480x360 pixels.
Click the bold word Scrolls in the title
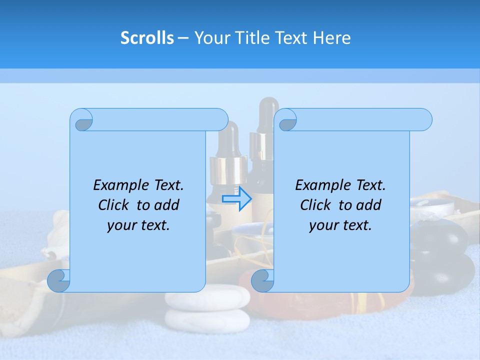147,37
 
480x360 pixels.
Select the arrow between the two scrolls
236,199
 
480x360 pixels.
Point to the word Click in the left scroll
115,205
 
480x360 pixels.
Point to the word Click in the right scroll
317,205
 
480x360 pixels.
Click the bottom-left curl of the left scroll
58,280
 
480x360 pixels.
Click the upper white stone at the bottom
208,298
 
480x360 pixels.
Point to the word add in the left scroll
166,205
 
